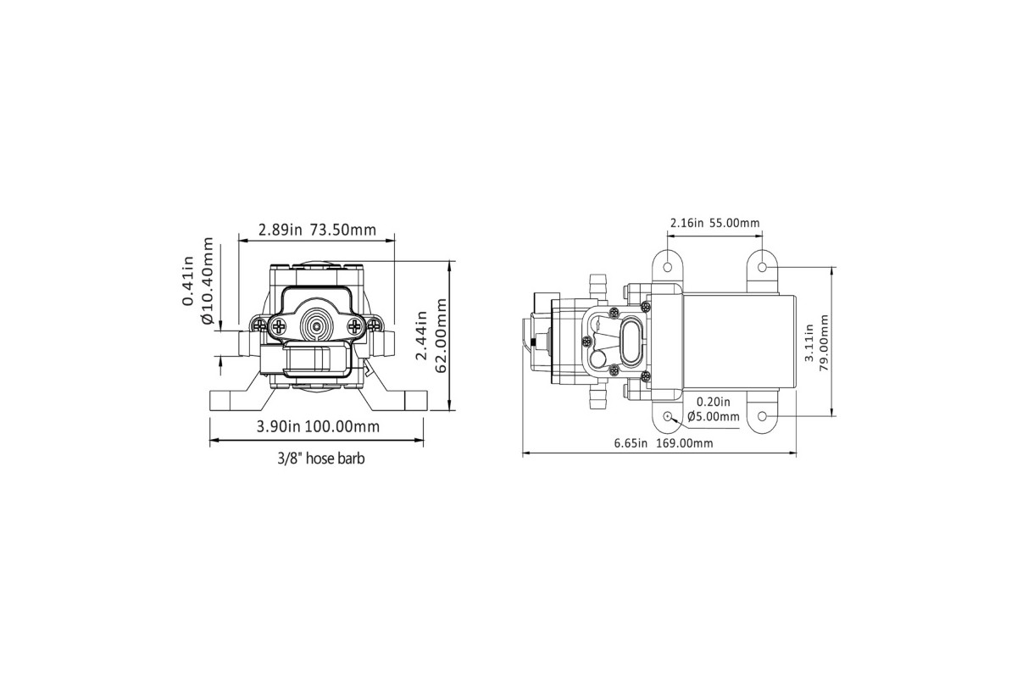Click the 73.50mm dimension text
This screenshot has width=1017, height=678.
click(x=343, y=230)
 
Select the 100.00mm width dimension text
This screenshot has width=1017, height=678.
click(x=342, y=426)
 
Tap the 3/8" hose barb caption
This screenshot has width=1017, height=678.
click(x=321, y=458)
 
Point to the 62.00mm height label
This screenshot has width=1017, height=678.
click(x=441, y=336)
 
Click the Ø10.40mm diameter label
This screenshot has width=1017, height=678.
click(x=207, y=281)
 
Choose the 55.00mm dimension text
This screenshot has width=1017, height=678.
click(x=734, y=223)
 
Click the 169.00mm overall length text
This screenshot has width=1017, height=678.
click(x=685, y=443)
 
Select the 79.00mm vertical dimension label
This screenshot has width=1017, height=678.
click(x=824, y=342)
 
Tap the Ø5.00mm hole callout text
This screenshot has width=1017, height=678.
click(x=714, y=416)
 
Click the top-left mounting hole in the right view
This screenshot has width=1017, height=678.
click(x=668, y=267)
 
